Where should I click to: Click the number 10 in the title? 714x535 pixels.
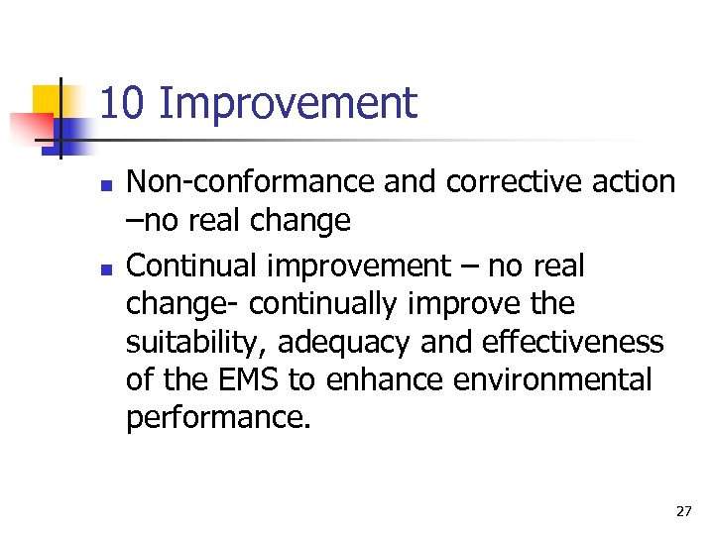122,103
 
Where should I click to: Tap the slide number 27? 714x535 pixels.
683,511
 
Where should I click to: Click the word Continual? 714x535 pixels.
188,267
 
